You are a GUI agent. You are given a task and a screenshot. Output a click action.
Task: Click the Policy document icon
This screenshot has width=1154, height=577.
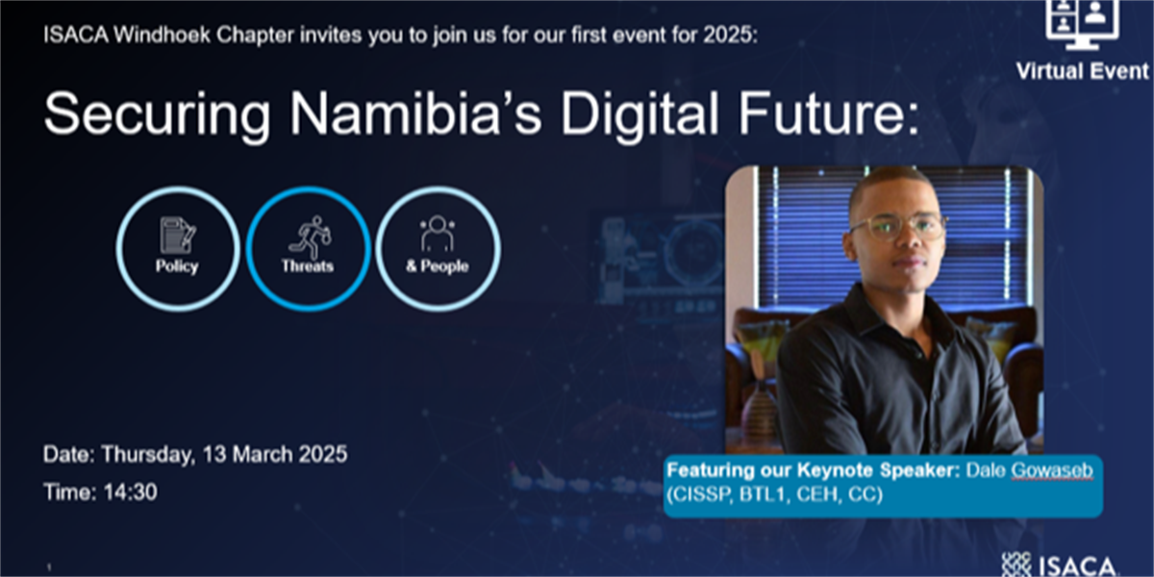click(177, 235)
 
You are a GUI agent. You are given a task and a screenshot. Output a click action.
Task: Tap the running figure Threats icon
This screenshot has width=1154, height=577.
click(310, 237)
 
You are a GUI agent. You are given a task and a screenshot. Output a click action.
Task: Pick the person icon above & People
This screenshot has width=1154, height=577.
click(438, 234)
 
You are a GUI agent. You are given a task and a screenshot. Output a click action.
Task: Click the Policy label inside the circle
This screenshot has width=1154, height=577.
click(177, 266)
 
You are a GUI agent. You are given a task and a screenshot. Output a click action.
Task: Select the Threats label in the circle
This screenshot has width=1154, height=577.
click(308, 266)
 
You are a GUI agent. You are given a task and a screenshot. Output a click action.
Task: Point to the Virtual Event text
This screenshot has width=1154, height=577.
click(1083, 71)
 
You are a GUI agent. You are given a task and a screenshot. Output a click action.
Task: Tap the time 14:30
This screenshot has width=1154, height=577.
click(131, 492)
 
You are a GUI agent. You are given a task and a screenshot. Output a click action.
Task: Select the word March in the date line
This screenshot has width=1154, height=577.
click(262, 454)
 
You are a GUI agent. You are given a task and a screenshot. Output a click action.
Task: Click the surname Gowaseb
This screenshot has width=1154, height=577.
click(1051, 470)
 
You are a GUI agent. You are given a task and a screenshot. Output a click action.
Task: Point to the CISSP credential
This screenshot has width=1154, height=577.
click(703, 494)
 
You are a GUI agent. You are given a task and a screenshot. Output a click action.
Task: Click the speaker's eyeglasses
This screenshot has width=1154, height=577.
click(897, 227)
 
